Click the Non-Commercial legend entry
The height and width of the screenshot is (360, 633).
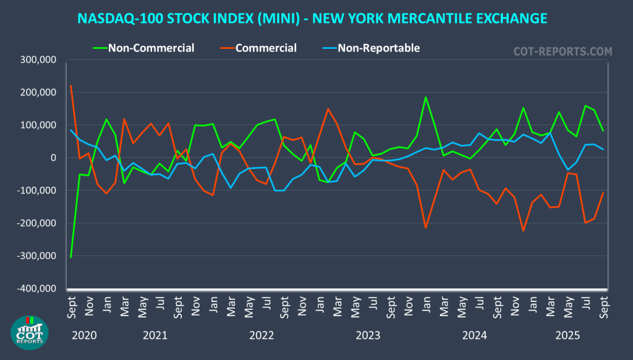point(151,48)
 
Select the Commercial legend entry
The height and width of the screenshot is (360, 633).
point(266,48)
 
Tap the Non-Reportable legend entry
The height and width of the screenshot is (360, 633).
point(378,48)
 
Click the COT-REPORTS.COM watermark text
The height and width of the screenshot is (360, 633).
point(563,51)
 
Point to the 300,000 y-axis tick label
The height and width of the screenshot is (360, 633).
point(38,60)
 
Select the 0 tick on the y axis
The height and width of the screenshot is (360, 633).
point(53,158)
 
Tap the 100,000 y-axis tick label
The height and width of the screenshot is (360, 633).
point(38,125)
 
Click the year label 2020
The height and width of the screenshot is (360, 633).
point(84,336)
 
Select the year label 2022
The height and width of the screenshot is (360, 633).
point(261,336)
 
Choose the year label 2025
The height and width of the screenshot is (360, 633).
point(567,336)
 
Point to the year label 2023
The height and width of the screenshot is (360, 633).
point(368,336)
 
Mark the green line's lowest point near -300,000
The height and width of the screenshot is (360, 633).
point(71,257)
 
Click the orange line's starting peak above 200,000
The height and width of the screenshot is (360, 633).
point(71,85)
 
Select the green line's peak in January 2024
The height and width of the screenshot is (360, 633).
point(426,97)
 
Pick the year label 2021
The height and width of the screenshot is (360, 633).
point(155,336)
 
